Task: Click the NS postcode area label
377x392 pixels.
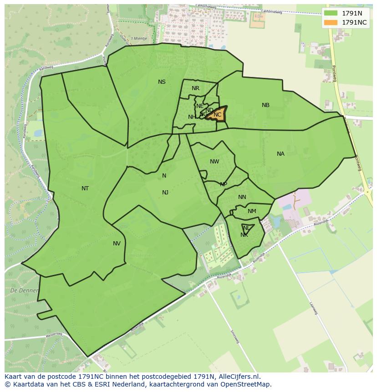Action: (x=162, y=82)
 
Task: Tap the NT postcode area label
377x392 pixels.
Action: (x=85, y=188)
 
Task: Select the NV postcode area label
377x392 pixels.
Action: (x=117, y=244)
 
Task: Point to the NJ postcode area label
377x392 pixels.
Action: (x=165, y=193)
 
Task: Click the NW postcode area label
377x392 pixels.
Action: (x=214, y=162)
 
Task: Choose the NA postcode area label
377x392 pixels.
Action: (x=280, y=154)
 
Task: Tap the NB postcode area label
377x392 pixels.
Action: (x=265, y=105)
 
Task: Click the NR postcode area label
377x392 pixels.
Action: (x=195, y=88)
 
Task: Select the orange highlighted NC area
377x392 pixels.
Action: (x=218, y=114)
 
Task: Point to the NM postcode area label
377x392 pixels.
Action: (x=252, y=211)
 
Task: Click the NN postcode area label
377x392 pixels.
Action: (x=242, y=197)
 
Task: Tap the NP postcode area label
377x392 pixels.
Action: (x=224, y=184)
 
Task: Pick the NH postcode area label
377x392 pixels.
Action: (x=192, y=117)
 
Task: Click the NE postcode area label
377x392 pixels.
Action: (x=200, y=106)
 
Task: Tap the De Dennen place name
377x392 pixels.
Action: (x=20, y=290)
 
